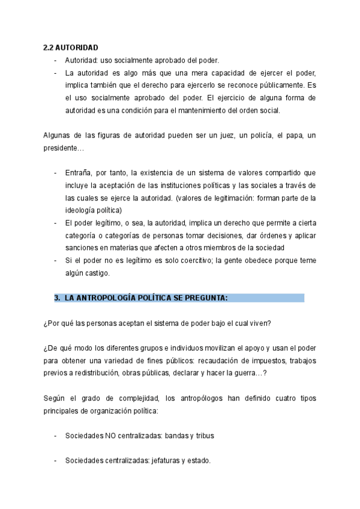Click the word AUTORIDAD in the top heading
point(77,47)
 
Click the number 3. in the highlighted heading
point(58,298)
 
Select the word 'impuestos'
point(250,361)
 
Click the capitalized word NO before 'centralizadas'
point(110,436)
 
